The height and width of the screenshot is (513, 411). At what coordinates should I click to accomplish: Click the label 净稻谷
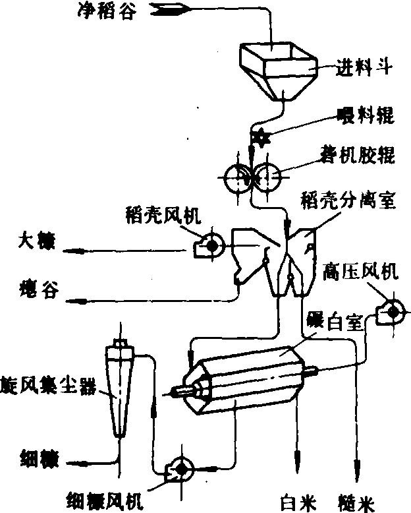(99, 10)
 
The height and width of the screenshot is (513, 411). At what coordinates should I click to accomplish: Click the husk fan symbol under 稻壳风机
(211, 246)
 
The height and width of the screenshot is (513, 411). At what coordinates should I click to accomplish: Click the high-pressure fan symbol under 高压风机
(388, 311)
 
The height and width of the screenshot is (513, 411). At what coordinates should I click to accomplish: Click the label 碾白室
(335, 322)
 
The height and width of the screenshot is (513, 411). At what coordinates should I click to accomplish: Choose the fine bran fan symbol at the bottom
(180, 468)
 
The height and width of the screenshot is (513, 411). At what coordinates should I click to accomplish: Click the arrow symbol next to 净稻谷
(170, 10)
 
